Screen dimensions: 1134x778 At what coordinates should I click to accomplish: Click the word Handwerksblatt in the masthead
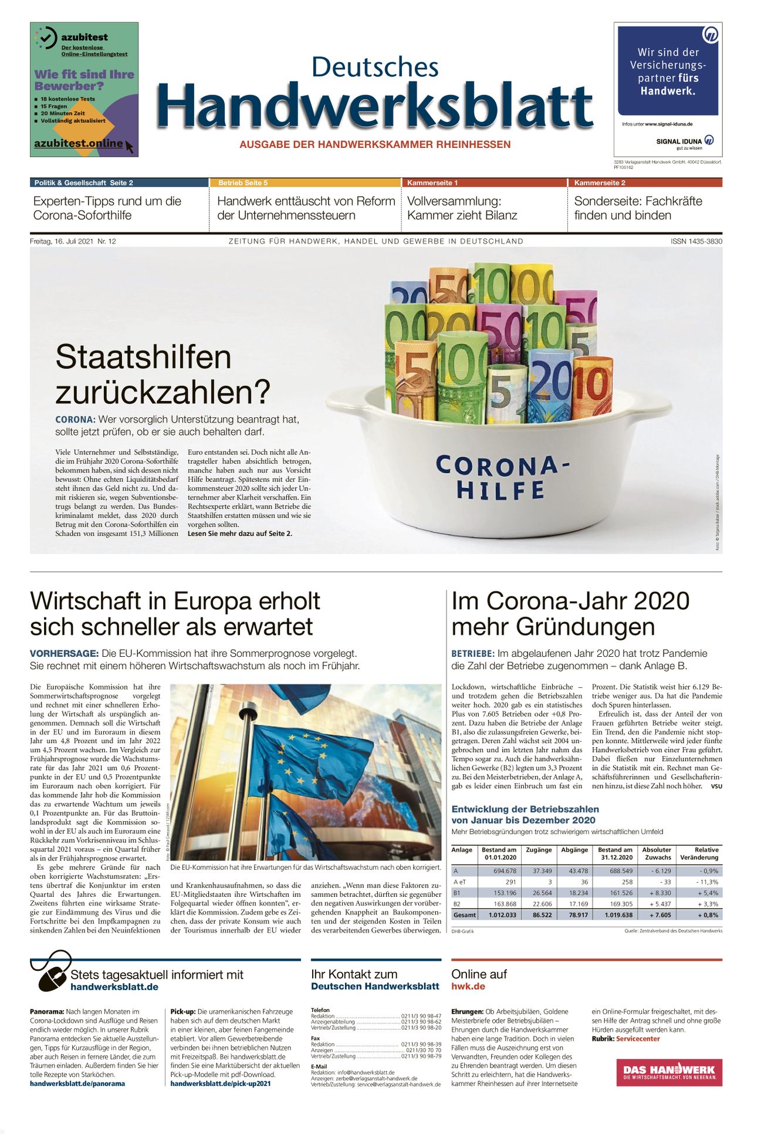[375, 106]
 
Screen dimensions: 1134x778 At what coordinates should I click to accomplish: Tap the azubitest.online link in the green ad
[78, 143]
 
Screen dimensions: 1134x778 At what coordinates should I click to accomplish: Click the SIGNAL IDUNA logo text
[679, 141]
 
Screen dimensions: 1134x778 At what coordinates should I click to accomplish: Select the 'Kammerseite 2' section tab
[600, 183]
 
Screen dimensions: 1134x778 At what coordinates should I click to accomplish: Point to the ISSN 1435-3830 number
[696, 241]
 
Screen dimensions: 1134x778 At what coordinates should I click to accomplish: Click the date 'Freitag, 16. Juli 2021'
[61, 241]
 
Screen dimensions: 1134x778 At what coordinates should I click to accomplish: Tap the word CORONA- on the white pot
[502, 465]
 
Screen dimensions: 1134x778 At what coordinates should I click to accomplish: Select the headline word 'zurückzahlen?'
[163, 392]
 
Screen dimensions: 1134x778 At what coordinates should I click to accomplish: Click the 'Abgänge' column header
[574, 849]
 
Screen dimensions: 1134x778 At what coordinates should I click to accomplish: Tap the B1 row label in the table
[457, 893]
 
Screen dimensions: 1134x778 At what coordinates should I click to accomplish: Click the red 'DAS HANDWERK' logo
[669, 1072]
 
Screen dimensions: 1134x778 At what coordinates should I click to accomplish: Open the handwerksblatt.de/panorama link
[77, 1084]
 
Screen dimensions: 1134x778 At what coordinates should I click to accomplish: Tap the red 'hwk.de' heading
[468, 986]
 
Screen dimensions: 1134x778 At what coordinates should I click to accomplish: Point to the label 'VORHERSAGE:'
[64, 653]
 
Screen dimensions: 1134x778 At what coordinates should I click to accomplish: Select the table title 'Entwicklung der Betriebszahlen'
[525, 809]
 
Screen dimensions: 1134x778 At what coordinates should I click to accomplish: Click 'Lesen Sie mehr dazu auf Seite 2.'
[239, 534]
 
